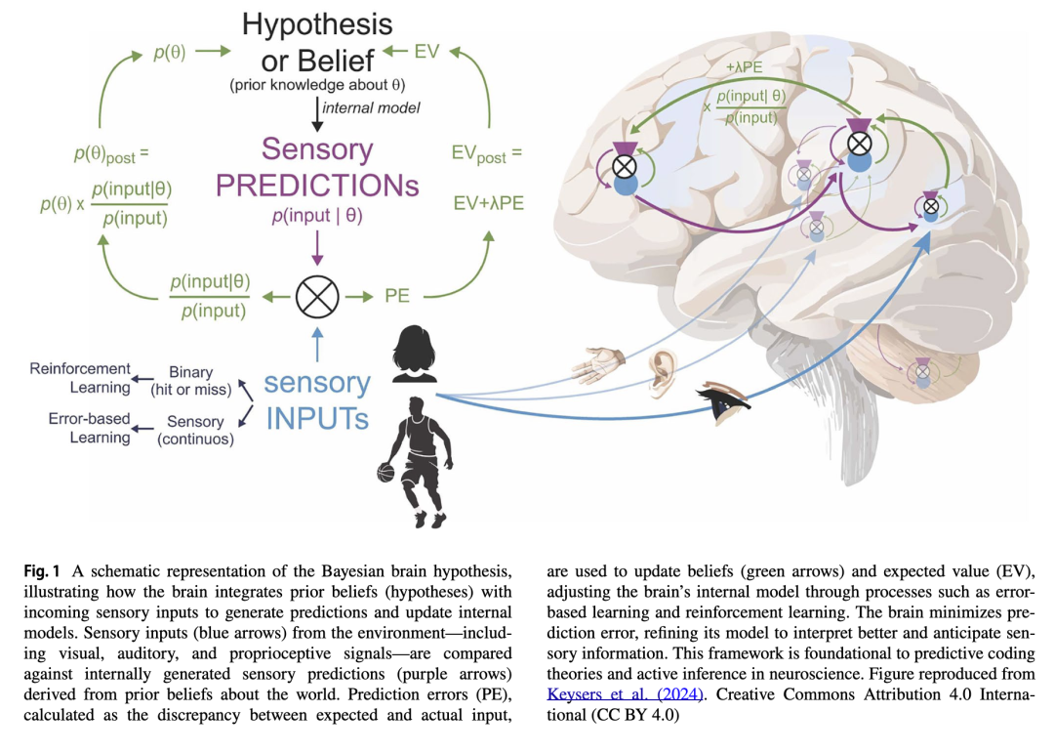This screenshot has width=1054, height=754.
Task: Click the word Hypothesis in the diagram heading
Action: pos(317,23)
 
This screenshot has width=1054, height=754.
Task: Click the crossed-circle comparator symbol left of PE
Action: pos(317,294)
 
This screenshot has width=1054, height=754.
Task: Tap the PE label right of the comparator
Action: pos(397,295)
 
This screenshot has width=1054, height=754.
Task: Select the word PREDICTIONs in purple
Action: pos(317,185)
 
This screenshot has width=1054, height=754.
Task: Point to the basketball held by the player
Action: pos(385,474)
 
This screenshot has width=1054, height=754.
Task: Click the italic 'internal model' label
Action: pos(372,107)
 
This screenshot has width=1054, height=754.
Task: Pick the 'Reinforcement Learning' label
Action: pos(80,378)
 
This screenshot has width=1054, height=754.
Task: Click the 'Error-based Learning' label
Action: pos(90,428)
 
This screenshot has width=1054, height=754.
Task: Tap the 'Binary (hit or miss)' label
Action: pos(190,381)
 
